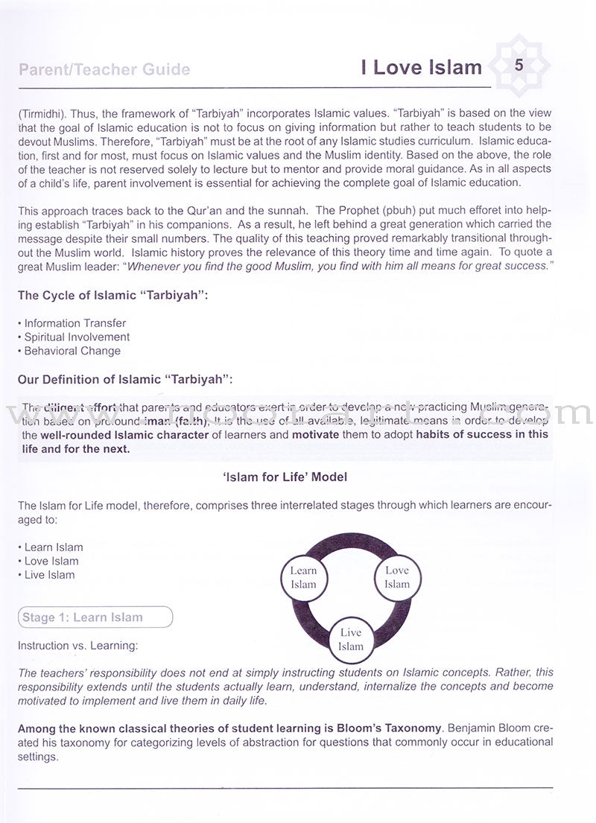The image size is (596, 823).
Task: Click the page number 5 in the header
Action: [519, 66]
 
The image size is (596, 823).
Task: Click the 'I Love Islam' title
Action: [421, 68]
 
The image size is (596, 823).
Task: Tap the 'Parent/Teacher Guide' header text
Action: [104, 70]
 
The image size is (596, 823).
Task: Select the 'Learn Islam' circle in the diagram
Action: [303, 577]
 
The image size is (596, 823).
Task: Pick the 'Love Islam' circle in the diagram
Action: [396, 577]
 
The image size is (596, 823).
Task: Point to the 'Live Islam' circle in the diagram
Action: [350, 639]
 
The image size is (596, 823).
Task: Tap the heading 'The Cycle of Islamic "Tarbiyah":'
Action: [113, 296]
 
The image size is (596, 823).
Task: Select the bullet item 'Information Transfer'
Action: [74, 323]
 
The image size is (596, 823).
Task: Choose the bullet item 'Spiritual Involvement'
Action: [77, 337]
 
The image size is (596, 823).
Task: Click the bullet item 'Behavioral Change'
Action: [72, 351]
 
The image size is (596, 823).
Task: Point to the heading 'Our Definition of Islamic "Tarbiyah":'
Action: [125, 379]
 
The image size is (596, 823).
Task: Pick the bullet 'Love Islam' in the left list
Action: [51, 561]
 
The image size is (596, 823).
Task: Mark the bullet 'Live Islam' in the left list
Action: [50, 575]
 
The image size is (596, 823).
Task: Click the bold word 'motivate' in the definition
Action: [315, 434]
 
